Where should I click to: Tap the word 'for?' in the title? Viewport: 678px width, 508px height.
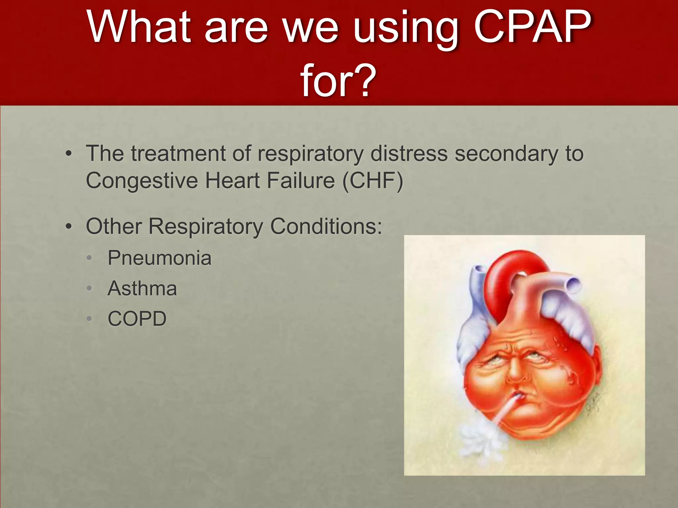[338, 80]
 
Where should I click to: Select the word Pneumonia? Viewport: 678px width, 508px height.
[159, 258]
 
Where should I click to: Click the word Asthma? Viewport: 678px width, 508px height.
[142, 288]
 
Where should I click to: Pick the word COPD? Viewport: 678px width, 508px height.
[137, 319]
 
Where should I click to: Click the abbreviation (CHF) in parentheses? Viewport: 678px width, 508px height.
[373, 181]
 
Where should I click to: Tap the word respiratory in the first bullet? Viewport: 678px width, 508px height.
[311, 154]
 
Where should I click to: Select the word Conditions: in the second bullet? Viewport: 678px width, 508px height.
[326, 227]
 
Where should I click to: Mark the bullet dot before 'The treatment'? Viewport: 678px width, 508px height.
[68, 154]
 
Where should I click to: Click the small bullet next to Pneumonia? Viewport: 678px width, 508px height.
[89, 258]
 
